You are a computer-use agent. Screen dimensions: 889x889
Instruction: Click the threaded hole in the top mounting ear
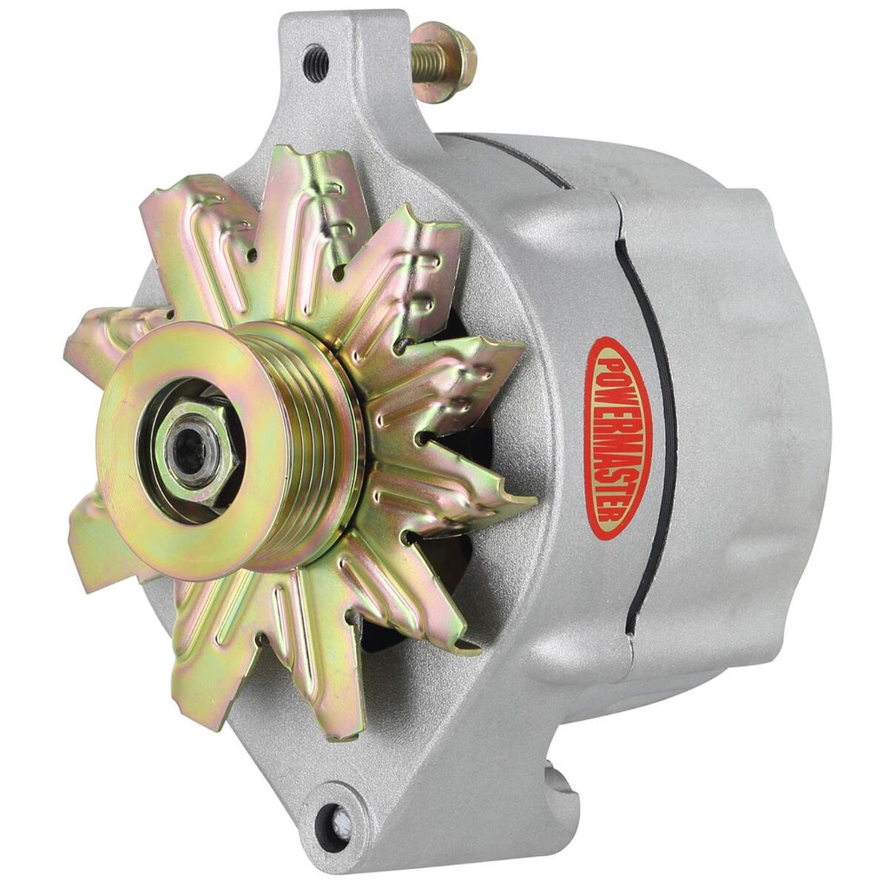[x=316, y=56]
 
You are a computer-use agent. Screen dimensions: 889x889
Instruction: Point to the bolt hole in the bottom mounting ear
[x=333, y=818]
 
